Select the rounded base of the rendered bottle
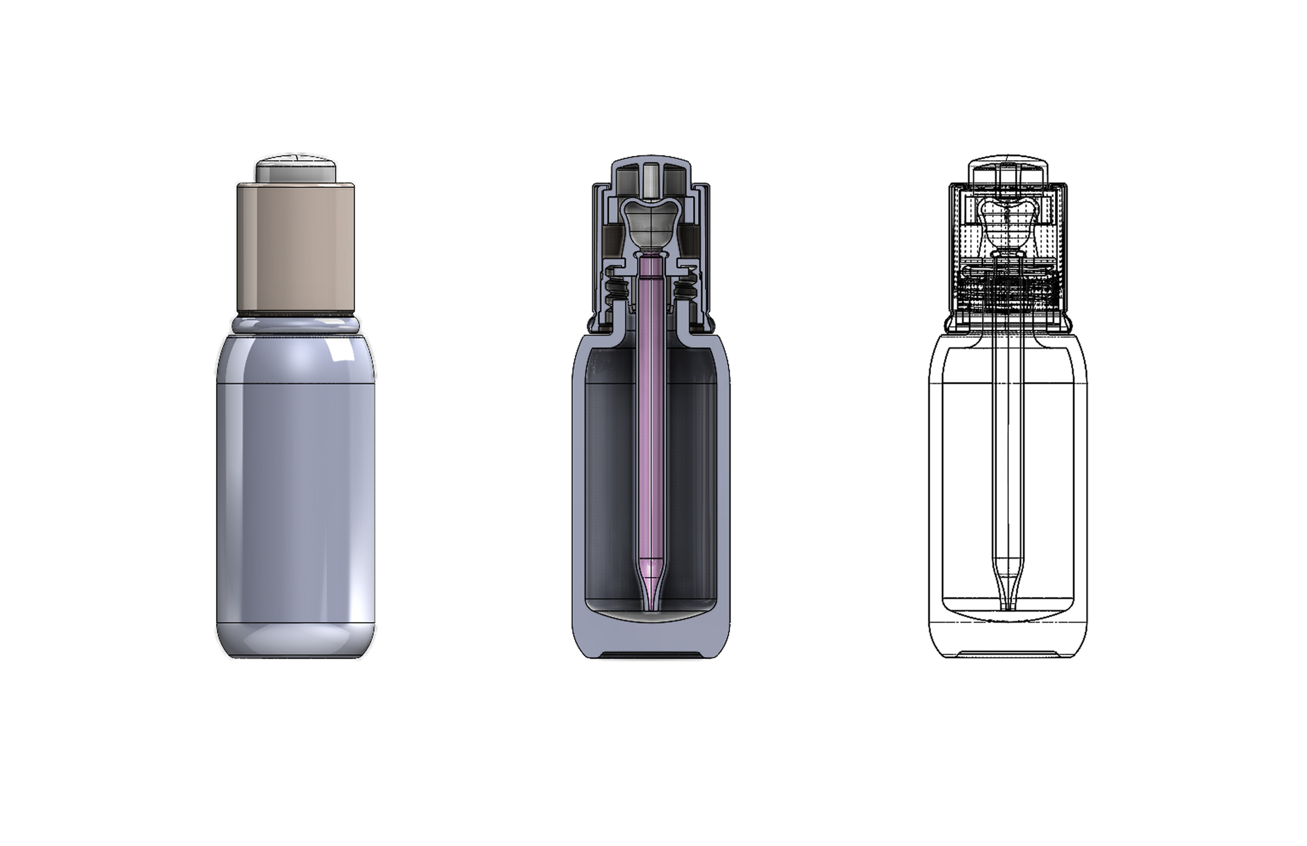click(x=296, y=640)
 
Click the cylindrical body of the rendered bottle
click(x=296, y=495)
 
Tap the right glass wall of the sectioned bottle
click(x=724, y=495)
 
